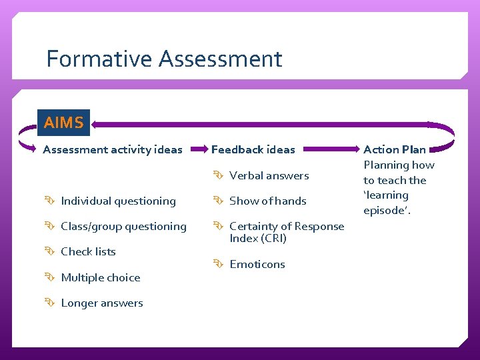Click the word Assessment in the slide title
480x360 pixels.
point(221,59)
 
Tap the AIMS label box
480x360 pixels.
point(63,123)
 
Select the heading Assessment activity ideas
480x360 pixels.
point(112,149)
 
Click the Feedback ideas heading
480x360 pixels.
point(253,149)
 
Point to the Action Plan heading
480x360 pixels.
point(395,149)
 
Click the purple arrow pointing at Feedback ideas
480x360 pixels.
point(198,149)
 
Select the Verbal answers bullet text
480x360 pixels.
point(269,176)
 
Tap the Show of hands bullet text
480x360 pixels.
point(267,201)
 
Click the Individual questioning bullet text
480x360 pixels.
point(118,201)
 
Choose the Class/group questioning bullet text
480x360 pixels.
point(123,227)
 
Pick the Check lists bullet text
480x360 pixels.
point(88,252)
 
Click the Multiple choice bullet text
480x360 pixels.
point(100,278)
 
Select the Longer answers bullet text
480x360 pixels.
point(101,303)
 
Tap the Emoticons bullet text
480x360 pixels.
point(257,265)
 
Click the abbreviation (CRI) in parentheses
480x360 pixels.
point(272,239)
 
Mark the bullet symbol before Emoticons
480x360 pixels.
point(219,265)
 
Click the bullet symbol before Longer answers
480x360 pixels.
point(50,303)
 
